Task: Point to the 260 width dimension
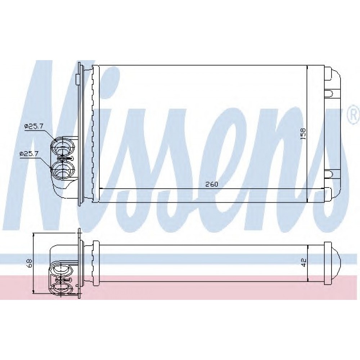[x=211, y=184]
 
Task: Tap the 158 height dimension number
[x=303, y=134]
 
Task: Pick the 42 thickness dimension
[x=303, y=263]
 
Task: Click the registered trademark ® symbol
[x=354, y=116]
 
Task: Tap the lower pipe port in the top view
[x=63, y=170]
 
